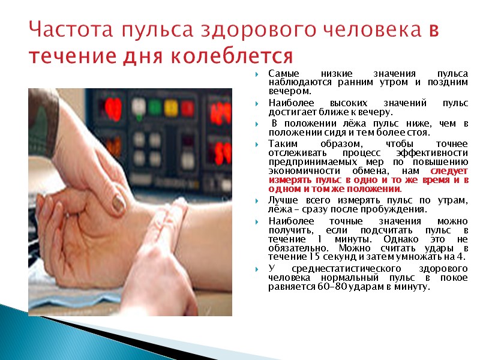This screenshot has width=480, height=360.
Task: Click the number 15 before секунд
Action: tap(314, 257)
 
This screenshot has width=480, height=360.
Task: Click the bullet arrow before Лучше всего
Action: tap(257, 200)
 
